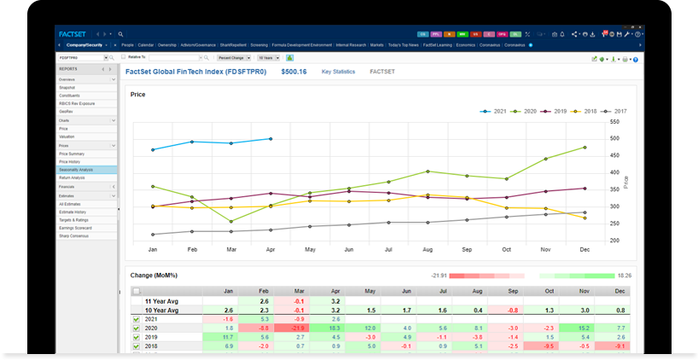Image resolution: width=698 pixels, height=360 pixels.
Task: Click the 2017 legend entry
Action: point(615,111)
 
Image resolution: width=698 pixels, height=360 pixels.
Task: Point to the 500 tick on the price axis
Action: point(615,137)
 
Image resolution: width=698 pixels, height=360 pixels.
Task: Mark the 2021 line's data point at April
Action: point(270,138)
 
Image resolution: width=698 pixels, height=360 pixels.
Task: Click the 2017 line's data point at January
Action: point(153,234)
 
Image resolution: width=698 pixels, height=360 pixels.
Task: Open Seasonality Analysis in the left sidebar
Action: point(76,170)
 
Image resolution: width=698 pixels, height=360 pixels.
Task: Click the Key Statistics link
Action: point(338,73)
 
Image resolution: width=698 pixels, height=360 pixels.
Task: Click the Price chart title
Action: point(138,95)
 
